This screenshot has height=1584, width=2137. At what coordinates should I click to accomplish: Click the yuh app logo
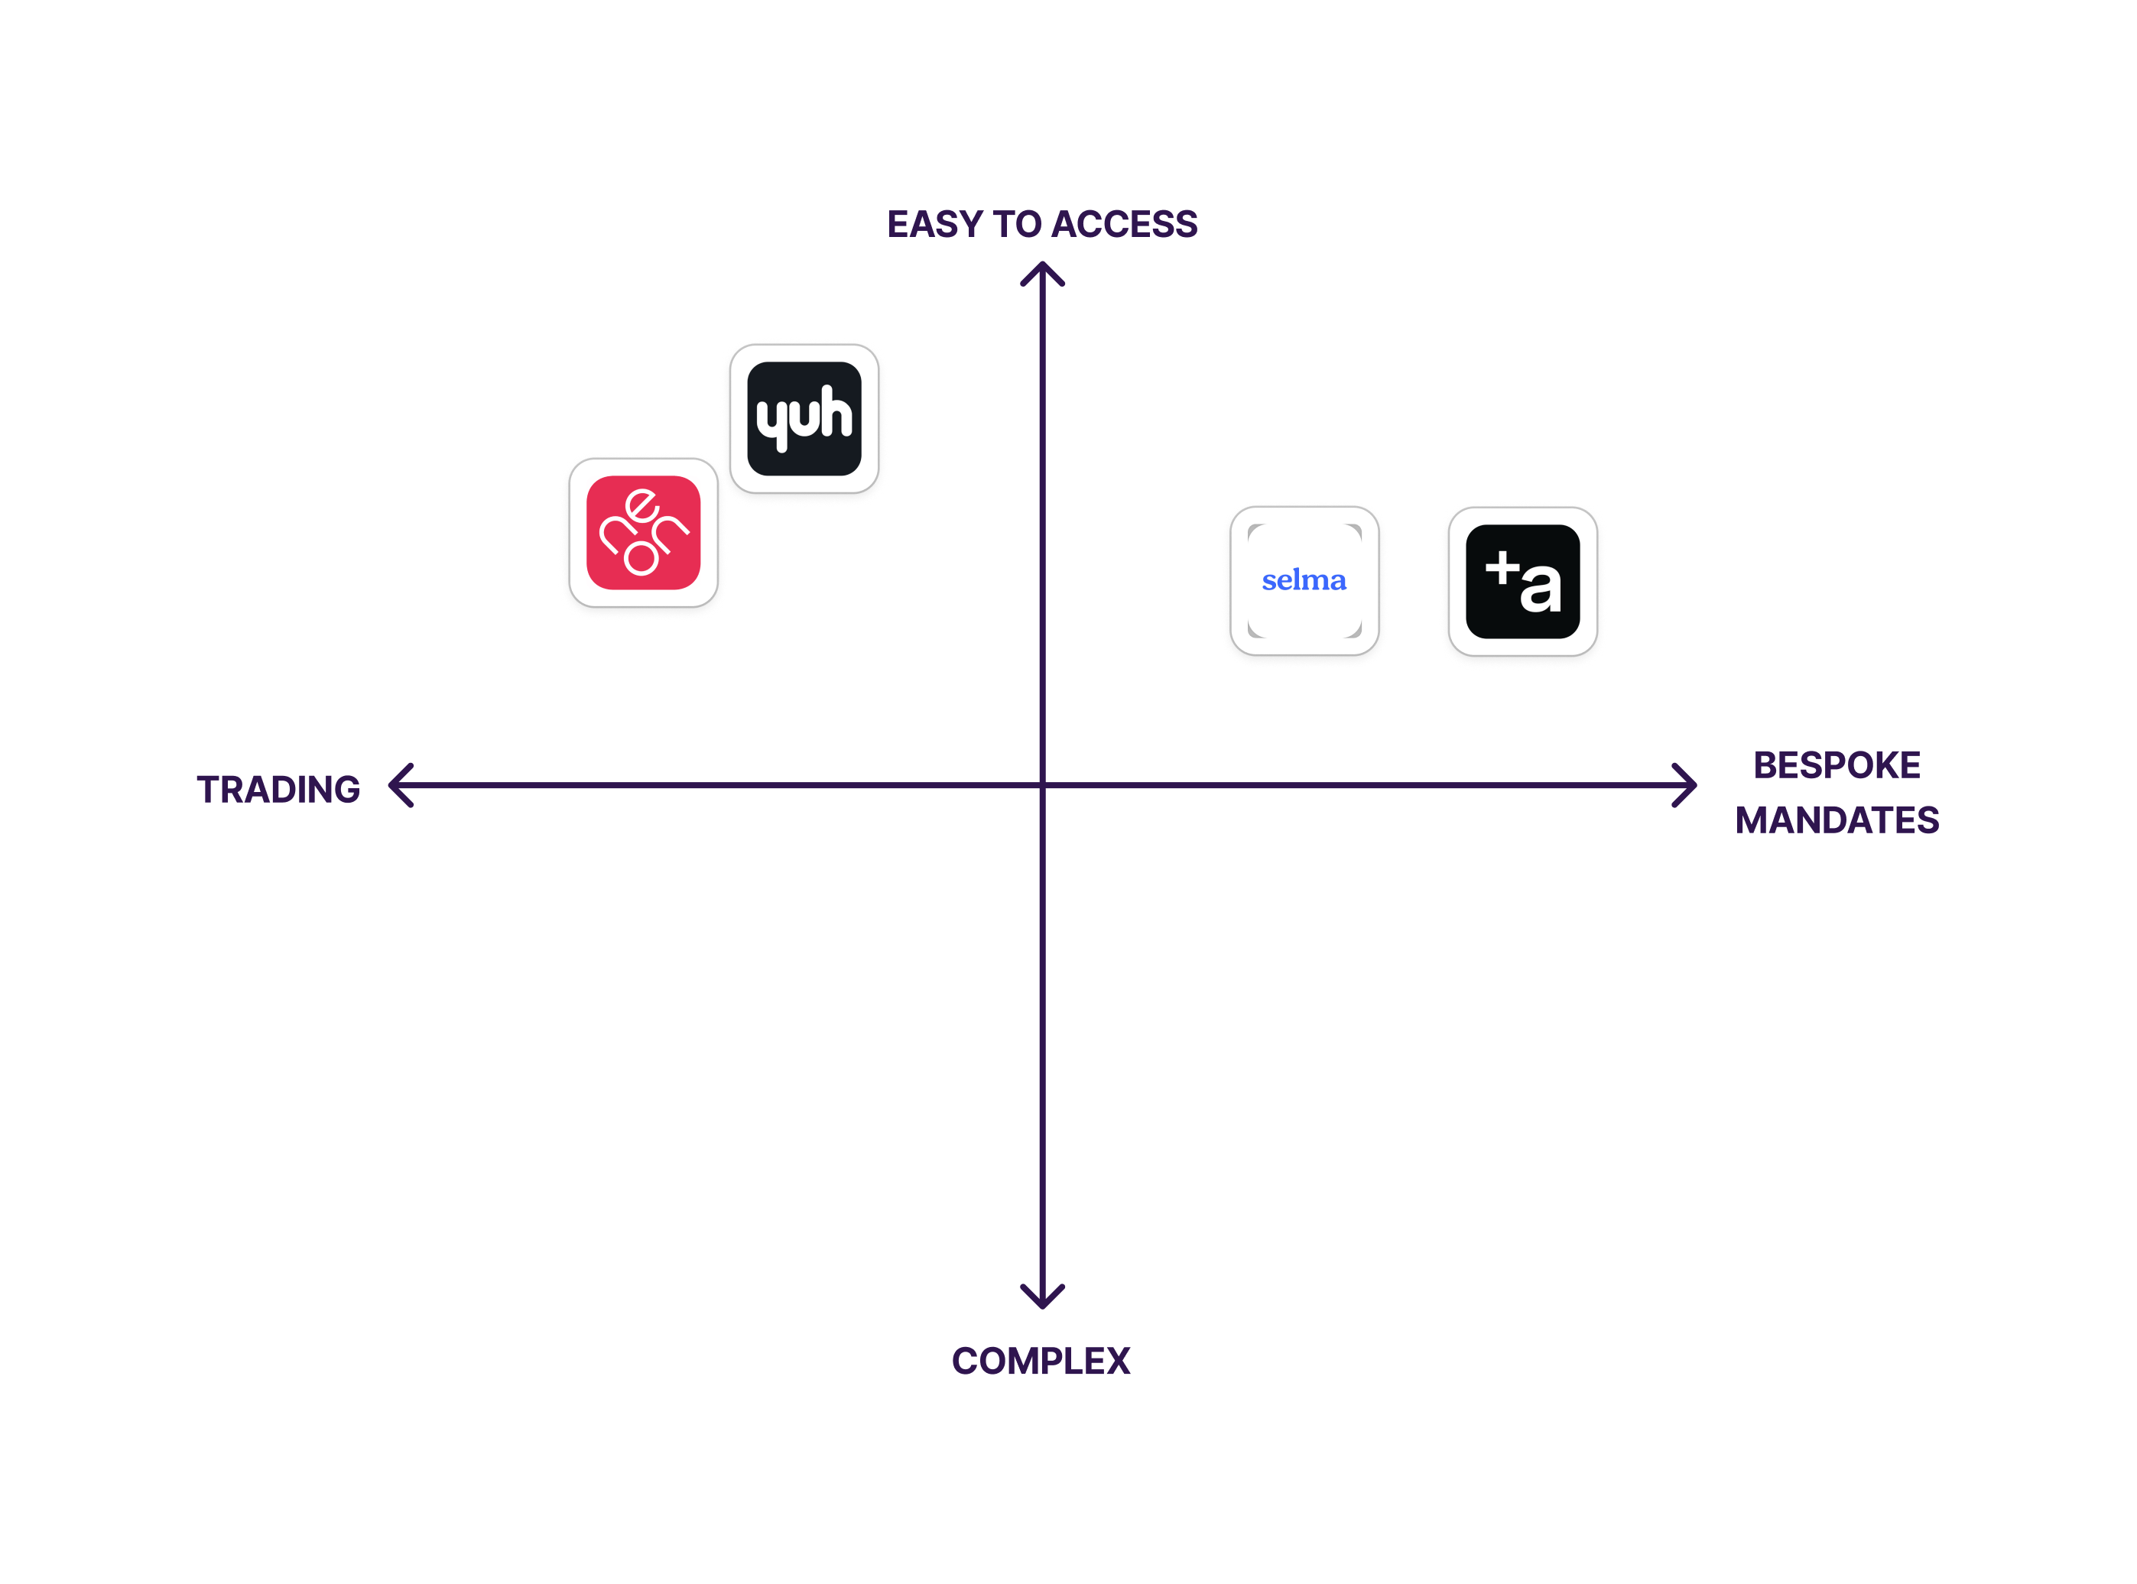click(804, 418)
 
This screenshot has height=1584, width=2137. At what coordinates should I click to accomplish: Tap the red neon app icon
click(643, 533)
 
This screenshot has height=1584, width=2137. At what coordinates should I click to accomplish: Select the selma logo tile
click(1304, 581)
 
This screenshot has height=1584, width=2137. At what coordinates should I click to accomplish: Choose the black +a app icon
click(1522, 581)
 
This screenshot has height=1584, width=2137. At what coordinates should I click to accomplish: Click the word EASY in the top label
click(935, 224)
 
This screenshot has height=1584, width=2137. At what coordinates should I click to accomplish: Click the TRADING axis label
click(278, 789)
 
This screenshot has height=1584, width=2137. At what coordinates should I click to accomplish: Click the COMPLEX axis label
click(1041, 1361)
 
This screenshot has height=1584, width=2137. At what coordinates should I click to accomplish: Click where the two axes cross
click(1042, 785)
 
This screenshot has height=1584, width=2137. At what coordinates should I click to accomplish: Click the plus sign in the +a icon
click(1502, 568)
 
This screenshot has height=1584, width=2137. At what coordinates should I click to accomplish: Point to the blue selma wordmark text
click(1304, 580)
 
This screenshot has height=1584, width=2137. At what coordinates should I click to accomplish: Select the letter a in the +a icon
click(1540, 588)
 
